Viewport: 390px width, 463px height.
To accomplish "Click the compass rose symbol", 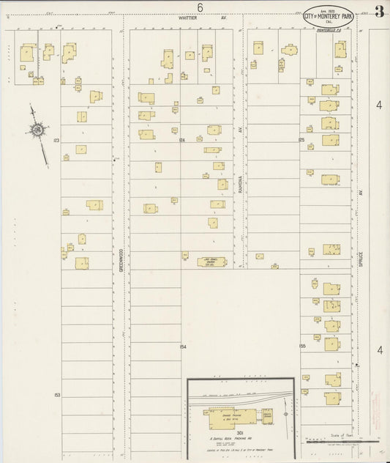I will coord(36,130).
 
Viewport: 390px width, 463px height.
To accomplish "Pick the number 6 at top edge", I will coord(199,7).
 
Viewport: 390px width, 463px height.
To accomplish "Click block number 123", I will coord(55,138).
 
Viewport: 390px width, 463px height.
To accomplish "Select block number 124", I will coord(181,138).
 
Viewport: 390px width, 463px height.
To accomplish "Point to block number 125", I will coord(301,138).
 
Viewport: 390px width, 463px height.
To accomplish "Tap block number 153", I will coord(56,395).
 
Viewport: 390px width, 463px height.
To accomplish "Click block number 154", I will coord(182,345).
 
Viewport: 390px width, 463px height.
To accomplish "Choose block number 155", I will coord(301,345).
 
